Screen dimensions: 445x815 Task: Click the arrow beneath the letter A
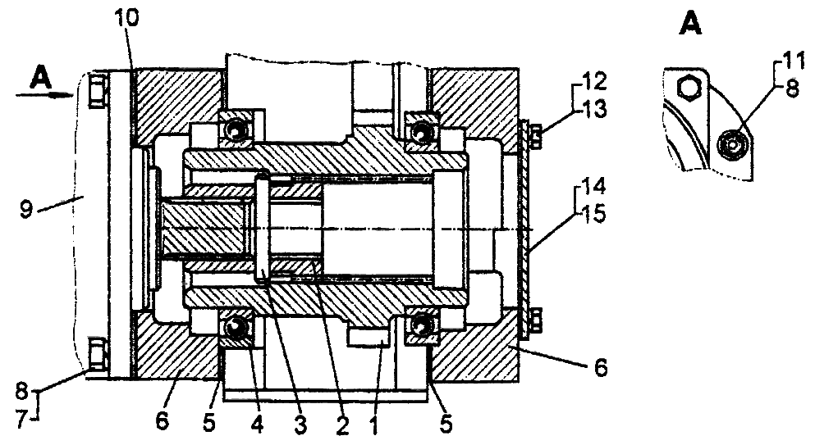pos(44,95)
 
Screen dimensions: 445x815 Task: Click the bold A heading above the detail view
pos(691,26)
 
